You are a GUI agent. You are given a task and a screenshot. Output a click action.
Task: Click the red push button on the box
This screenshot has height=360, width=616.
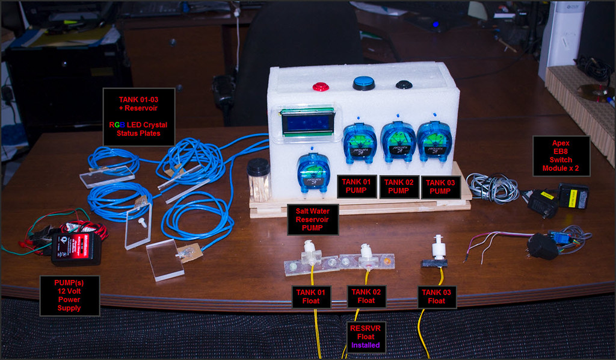coord(321,87)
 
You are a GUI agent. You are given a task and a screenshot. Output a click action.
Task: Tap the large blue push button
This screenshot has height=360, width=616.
coord(364,83)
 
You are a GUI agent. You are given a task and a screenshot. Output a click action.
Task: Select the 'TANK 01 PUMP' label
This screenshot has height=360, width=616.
coord(357,186)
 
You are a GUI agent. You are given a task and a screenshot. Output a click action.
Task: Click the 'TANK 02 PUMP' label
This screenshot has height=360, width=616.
coord(399,187)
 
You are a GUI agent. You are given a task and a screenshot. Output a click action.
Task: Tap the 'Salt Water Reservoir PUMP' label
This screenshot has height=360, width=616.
coord(313,220)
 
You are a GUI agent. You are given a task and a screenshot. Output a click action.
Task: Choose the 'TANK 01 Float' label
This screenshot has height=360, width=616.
coord(311,297)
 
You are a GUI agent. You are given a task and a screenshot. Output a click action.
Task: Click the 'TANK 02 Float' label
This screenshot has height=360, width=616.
coord(366,296)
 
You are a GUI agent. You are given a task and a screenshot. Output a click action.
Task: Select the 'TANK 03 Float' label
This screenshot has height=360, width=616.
coord(437,297)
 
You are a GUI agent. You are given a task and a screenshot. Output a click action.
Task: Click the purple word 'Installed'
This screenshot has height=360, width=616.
coord(365,346)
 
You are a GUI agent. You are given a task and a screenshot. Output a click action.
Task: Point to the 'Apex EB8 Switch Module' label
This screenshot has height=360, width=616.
coord(561,156)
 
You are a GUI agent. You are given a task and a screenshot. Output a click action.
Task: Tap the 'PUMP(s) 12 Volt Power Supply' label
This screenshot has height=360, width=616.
coord(70,296)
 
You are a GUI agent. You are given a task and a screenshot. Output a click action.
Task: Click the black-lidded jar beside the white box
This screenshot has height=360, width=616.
coord(259,179)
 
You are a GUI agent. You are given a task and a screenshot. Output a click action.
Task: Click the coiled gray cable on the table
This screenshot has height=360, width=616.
coord(494,188)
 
